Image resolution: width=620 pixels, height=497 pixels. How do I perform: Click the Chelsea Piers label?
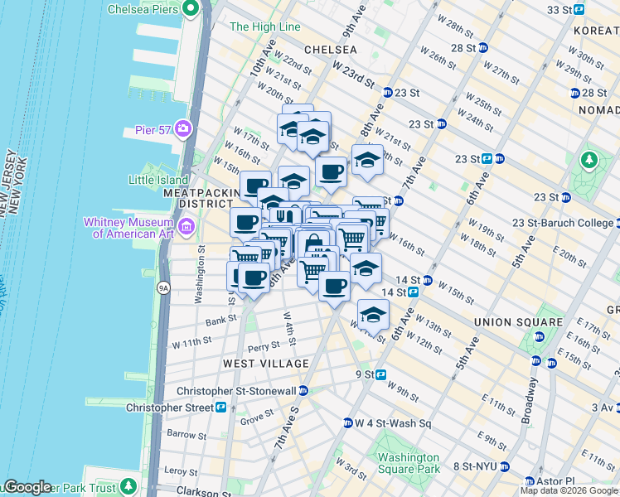pyautogui.click(x=143, y=9)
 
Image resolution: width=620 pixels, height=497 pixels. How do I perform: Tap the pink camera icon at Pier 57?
pyautogui.click(x=182, y=130)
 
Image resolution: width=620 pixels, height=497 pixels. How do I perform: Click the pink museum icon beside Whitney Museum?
pyautogui.click(x=186, y=226)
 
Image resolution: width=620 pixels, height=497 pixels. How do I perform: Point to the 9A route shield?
pyautogui.click(x=164, y=288)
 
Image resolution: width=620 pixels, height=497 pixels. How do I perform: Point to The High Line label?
pyautogui.click(x=264, y=27)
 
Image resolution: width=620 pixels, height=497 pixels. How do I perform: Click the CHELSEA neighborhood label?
pyautogui.click(x=330, y=50)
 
